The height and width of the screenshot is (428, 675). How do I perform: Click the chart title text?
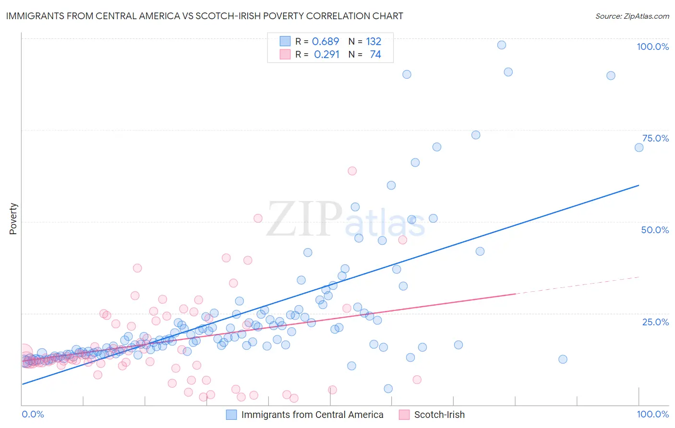[x=205, y=16]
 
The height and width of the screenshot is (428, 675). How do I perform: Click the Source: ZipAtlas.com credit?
[x=632, y=16]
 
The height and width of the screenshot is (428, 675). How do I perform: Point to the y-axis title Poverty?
[x=13, y=218]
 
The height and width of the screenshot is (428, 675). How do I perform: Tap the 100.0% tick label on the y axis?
[x=652, y=47]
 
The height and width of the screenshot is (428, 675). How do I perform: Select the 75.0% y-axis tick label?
[x=655, y=138]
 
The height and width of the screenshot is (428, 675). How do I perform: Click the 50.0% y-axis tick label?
[x=655, y=230]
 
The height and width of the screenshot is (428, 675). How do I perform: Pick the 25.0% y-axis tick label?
[x=655, y=321]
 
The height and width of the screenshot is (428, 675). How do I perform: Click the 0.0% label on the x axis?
[x=33, y=414]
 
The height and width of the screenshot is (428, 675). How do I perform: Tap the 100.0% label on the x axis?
[x=652, y=414]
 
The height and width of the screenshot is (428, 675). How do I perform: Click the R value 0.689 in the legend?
[x=325, y=41]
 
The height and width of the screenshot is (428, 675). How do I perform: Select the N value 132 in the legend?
[x=374, y=41]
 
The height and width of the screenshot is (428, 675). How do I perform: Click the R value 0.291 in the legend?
[x=326, y=54]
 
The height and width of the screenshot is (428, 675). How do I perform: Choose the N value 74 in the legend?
[x=375, y=54]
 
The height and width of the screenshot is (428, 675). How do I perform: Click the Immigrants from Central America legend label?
[x=312, y=415]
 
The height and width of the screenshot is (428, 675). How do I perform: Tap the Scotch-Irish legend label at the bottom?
[x=439, y=415]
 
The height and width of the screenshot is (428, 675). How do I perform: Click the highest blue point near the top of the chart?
[x=502, y=45]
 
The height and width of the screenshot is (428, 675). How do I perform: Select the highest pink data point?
[x=352, y=171]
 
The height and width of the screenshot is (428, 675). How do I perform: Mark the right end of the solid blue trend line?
[x=639, y=185]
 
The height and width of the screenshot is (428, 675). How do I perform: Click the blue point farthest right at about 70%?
[x=639, y=147]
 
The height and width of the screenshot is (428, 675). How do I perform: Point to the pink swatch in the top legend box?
[x=285, y=54]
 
